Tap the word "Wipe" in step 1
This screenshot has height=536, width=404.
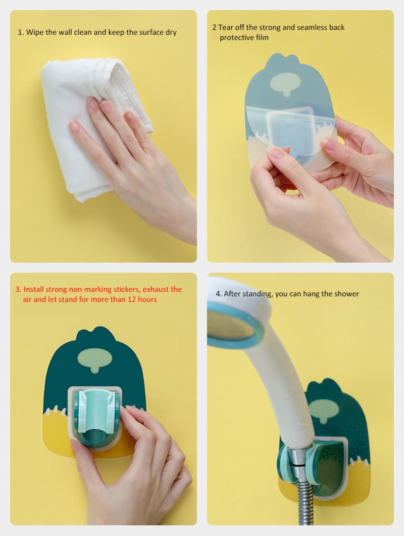(x=34, y=32)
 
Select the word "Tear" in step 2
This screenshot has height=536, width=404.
(x=226, y=27)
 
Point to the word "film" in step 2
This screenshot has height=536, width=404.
(x=262, y=37)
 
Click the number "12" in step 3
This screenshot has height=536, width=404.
(x=132, y=300)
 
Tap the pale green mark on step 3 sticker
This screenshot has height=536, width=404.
(x=94, y=360)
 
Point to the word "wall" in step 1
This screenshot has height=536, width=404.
(x=65, y=32)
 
